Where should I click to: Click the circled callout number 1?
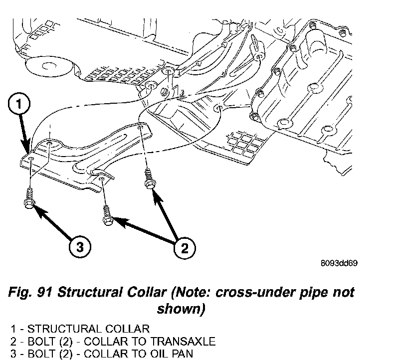18,105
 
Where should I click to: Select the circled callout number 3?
80,246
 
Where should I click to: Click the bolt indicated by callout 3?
28,199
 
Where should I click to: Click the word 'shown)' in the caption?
181,310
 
